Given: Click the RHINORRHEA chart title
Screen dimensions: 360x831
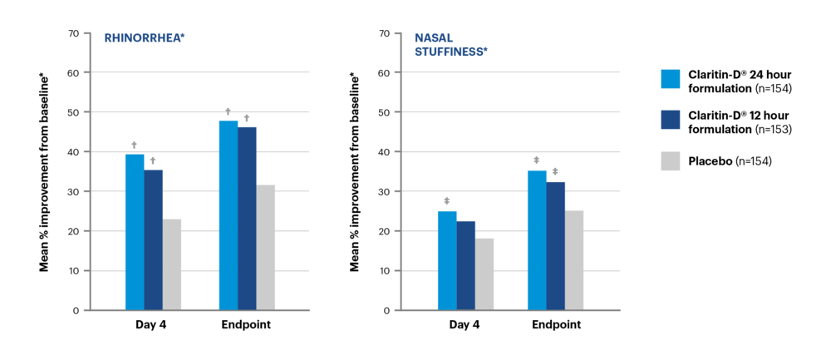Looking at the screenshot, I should (144, 37).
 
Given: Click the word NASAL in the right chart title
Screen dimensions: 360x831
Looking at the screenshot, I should (434, 37).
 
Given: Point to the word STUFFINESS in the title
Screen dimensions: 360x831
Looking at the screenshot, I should (450, 52).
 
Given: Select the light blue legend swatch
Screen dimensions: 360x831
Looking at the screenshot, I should (671, 79).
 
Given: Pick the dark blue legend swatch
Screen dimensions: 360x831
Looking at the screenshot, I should (671, 120).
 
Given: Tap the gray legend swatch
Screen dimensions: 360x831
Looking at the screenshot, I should (671, 161).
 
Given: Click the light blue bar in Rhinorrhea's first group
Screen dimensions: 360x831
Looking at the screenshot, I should (135, 231).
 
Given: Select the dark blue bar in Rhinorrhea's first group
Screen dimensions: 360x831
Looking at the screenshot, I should (154, 239).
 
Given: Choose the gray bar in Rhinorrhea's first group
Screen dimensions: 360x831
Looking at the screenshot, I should (172, 264).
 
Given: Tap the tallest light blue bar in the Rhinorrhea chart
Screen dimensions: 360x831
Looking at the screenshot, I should (229, 215).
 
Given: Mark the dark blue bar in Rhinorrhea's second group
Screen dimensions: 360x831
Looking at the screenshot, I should (248, 218).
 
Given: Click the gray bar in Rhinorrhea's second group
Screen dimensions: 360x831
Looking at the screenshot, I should (266, 247).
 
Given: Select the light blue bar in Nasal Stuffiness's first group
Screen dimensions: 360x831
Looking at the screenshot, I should (447, 259).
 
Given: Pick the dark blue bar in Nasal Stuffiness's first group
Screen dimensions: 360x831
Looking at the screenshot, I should (466, 264).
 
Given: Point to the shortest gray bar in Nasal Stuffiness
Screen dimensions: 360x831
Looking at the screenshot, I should (484, 274).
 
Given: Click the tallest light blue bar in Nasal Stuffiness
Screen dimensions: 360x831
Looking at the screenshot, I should (537, 239).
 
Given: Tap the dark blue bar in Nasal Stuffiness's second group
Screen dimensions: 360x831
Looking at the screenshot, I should (556, 245).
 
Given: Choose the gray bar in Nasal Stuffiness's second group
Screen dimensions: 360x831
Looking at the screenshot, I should (574, 259).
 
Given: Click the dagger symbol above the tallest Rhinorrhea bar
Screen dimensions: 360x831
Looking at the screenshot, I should (229, 111).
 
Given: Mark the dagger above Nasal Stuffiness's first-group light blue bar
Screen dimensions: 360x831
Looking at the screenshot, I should (447, 201).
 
